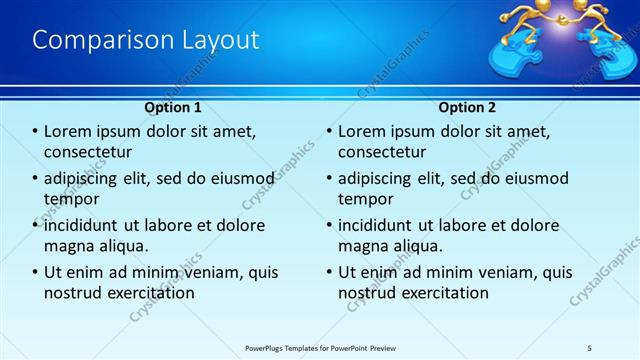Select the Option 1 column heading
click(x=173, y=107)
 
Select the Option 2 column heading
click(x=467, y=107)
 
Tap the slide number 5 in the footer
click(x=590, y=346)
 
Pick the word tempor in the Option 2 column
click(x=366, y=198)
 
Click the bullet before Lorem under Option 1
click(x=36, y=132)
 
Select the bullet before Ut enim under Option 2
click(x=329, y=272)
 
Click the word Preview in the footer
click(x=397, y=346)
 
